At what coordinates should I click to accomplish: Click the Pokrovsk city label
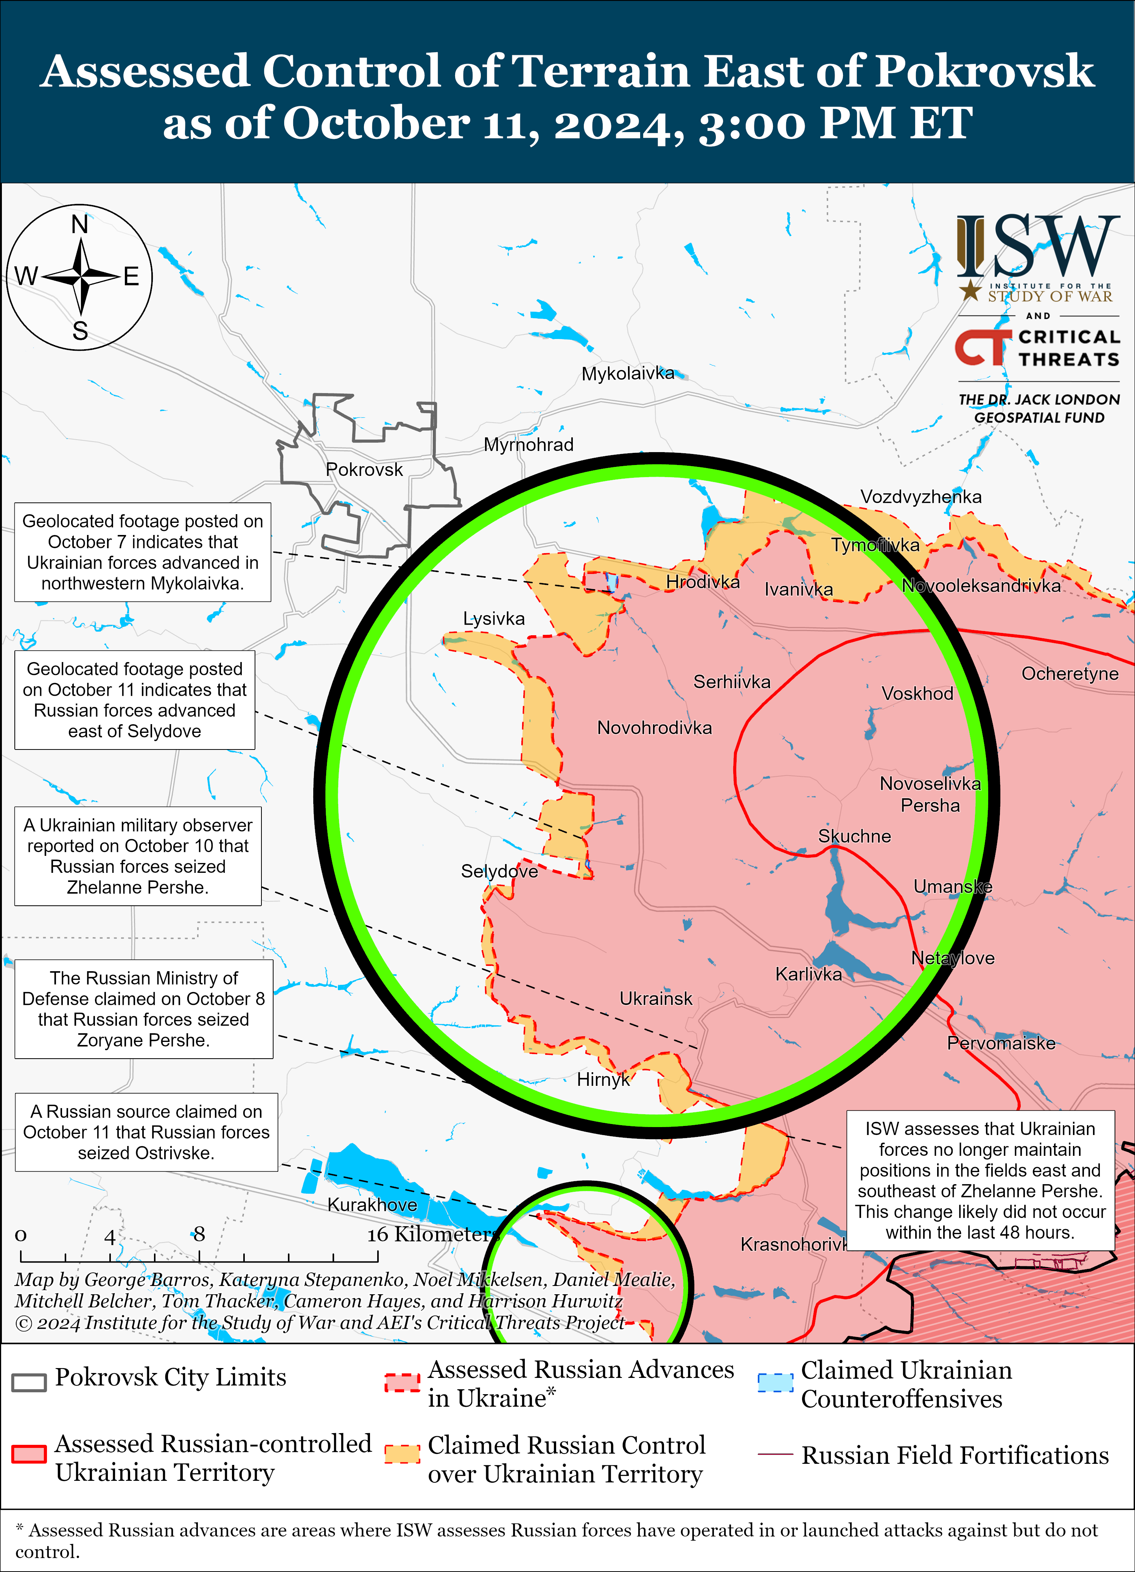(x=364, y=470)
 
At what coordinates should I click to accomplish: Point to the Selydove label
(x=499, y=871)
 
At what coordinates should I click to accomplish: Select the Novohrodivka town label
(x=654, y=728)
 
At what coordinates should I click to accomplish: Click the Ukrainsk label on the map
(x=656, y=999)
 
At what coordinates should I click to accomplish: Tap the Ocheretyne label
(x=1069, y=674)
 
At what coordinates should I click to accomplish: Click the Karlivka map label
(x=808, y=975)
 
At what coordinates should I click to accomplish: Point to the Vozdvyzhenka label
(x=920, y=497)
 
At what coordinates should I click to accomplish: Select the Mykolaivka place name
(x=627, y=373)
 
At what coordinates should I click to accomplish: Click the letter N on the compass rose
(x=80, y=225)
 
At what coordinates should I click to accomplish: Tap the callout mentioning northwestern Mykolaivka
(x=143, y=552)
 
